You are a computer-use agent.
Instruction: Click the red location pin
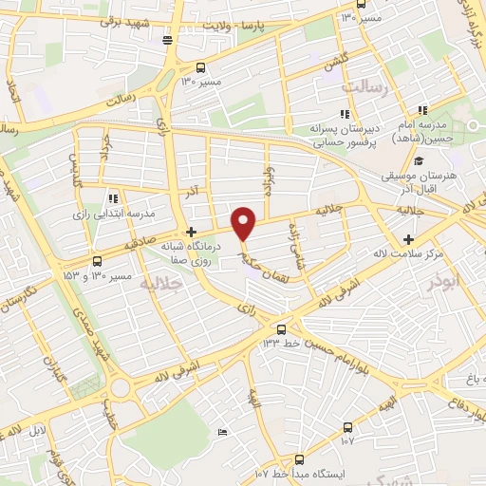point(244,223)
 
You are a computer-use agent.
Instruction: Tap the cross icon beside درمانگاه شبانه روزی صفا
point(191,232)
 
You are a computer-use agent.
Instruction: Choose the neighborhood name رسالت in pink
point(360,87)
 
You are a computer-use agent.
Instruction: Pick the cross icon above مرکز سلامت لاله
point(409,239)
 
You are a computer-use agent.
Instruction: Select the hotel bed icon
point(223,432)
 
